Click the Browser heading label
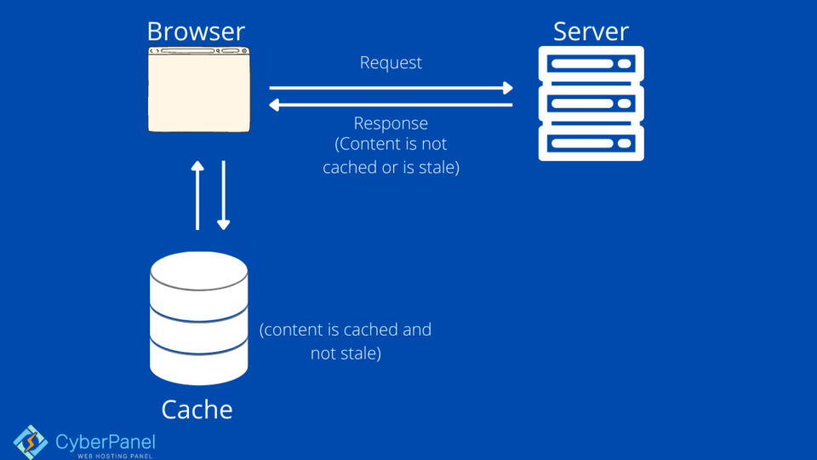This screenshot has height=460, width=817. (196, 32)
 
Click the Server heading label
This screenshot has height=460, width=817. (591, 32)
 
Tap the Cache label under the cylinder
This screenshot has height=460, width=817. (197, 410)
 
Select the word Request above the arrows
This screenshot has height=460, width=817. (391, 63)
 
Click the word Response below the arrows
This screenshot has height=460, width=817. (391, 124)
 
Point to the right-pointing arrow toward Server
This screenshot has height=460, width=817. (391, 88)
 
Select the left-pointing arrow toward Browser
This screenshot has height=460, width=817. (391, 105)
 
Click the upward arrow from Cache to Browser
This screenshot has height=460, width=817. (197, 195)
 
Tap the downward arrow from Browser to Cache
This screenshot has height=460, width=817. (223, 195)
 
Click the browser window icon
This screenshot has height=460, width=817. (199, 90)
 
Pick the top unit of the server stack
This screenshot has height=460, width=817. (591, 65)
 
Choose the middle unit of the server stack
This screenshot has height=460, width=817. (591, 104)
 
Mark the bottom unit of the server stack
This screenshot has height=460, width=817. (591, 142)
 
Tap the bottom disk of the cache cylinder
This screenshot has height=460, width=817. (198, 362)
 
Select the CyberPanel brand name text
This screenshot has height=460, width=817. (106, 441)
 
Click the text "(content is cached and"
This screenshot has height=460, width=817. (346, 330)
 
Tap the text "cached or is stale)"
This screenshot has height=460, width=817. (391, 168)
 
